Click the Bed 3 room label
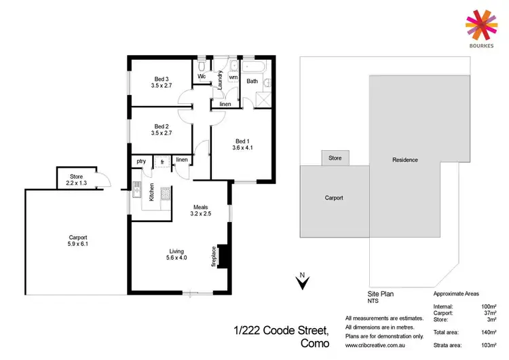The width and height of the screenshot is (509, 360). (161, 82)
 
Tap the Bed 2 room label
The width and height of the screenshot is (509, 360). (161, 129)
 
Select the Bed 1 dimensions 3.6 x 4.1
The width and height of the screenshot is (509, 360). (242, 147)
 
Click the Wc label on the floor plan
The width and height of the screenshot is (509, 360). (202, 77)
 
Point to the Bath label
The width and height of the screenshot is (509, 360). (252, 82)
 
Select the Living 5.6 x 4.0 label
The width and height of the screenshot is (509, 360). (176, 253)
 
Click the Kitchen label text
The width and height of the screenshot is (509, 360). (151, 192)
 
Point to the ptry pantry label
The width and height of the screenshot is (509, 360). (141, 161)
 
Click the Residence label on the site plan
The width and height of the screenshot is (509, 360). (404, 160)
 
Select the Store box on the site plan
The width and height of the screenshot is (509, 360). (335, 158)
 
